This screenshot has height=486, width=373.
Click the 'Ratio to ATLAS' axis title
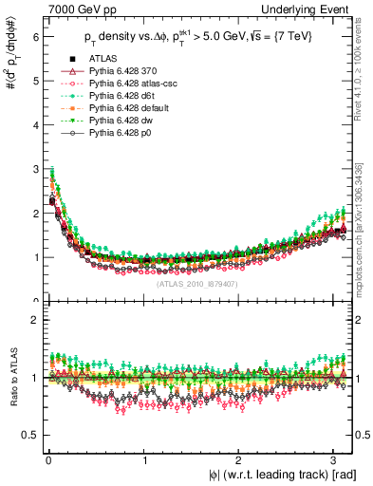click(12, 380)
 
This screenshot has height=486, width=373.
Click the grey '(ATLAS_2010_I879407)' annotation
click(196, 283)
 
